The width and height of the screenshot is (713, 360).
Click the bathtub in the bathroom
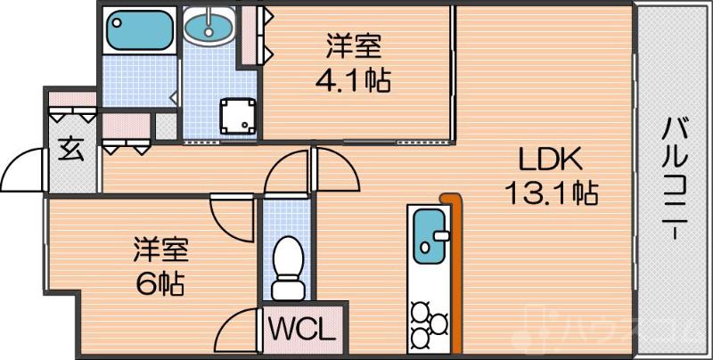point(138,31)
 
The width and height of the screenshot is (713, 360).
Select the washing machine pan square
point(237,115)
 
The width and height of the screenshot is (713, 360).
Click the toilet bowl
point(287,260)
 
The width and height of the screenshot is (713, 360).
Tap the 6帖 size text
point(160,282)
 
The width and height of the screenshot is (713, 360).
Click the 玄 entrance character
point(70,149)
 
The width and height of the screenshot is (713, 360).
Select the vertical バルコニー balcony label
point(673,178)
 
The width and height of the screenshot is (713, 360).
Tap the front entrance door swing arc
point(25,169)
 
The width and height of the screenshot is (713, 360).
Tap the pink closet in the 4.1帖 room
point(249,36)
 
